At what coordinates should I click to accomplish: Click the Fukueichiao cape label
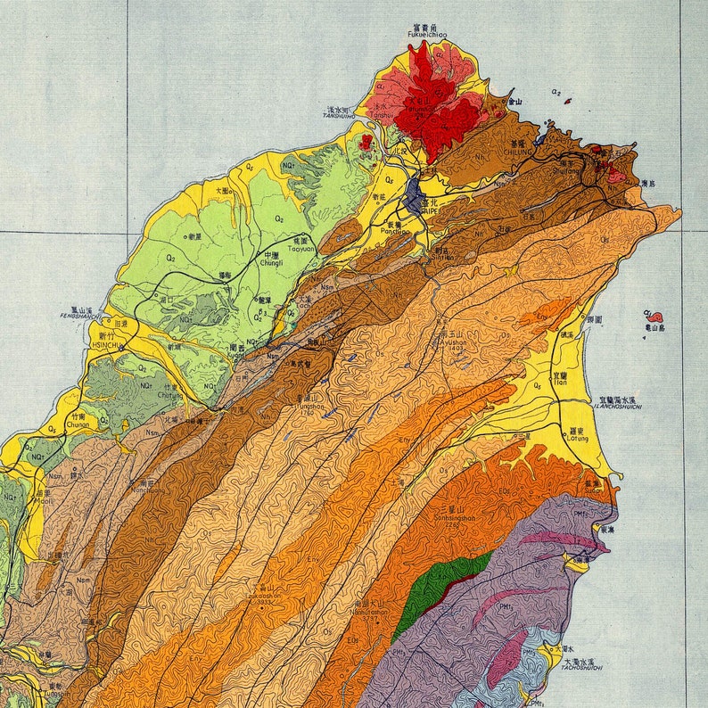[x=426, y=35]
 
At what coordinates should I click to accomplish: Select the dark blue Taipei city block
[x=413, y=195]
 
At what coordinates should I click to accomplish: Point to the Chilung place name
[x=518, y=152]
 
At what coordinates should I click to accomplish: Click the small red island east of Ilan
[x=654, y=317]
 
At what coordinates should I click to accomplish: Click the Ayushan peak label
[x=453, y=342]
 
